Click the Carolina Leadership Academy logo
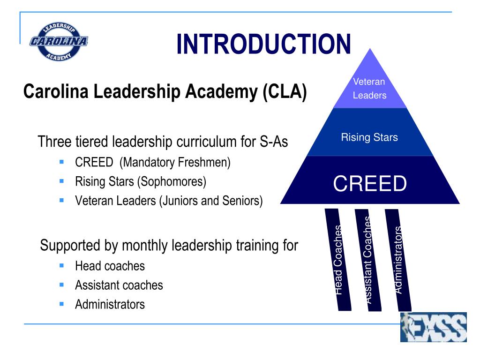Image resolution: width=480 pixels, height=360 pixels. point(59,41)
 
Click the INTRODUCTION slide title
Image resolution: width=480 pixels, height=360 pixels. point(263,44)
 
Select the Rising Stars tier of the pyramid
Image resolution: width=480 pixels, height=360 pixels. point(369,137)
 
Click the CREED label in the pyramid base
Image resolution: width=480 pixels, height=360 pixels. point(370,184)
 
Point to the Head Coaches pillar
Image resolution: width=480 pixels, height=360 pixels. point(337,260)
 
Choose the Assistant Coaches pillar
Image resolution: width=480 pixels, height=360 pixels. point(368,260)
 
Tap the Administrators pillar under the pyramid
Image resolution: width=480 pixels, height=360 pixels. point(398,260)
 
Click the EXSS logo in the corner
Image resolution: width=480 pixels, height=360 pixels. point(433,327)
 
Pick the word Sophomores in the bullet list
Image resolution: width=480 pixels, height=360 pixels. point(179,181)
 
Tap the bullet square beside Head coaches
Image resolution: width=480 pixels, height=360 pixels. point(61,265)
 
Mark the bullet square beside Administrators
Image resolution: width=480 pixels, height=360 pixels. point(61,304)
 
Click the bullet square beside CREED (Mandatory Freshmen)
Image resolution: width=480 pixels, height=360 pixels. point(61,162)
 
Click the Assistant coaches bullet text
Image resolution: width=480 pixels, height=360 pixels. point(119,285)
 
